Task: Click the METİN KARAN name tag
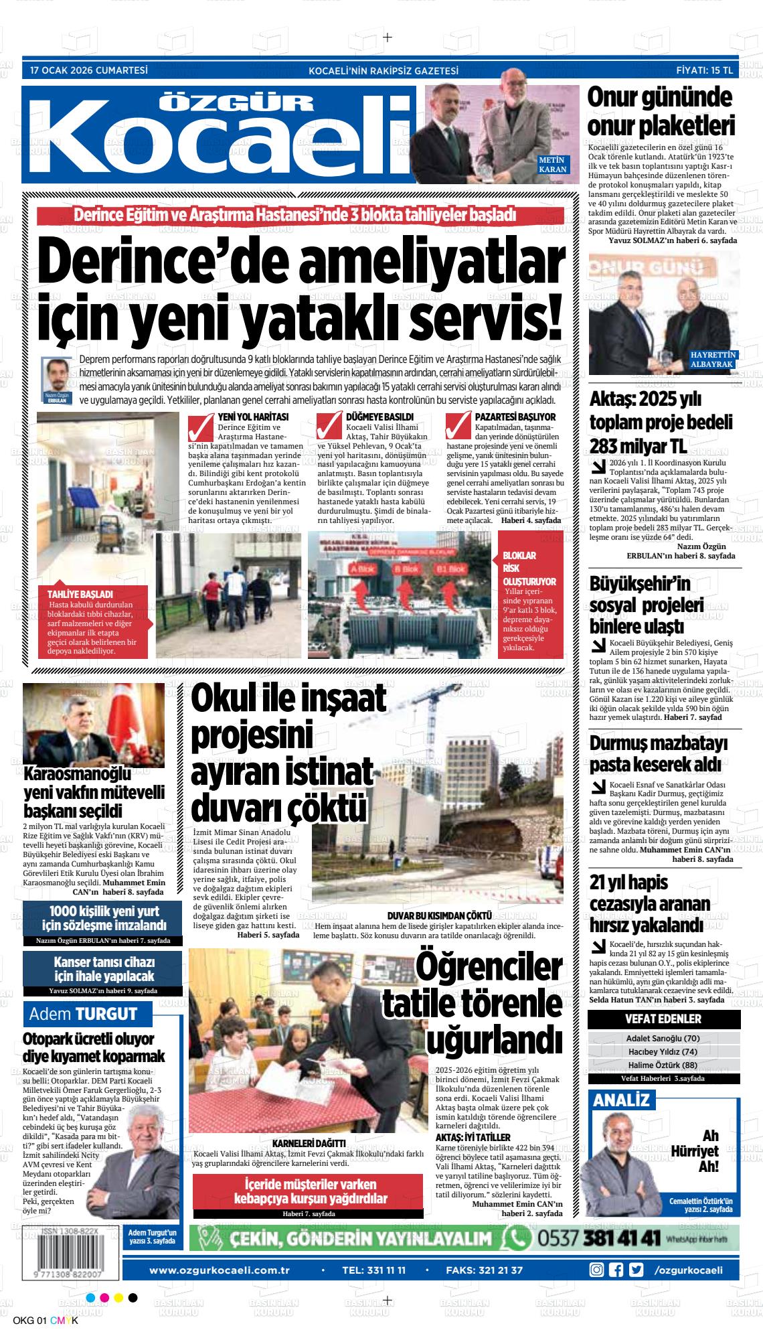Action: [553, 165]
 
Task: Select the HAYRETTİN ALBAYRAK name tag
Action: [713, 360]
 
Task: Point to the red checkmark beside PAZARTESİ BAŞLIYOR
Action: [458, 427]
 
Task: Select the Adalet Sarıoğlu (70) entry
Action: [663, 1039]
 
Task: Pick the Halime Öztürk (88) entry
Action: [663, 1065]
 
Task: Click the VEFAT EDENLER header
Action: [663, 1019]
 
